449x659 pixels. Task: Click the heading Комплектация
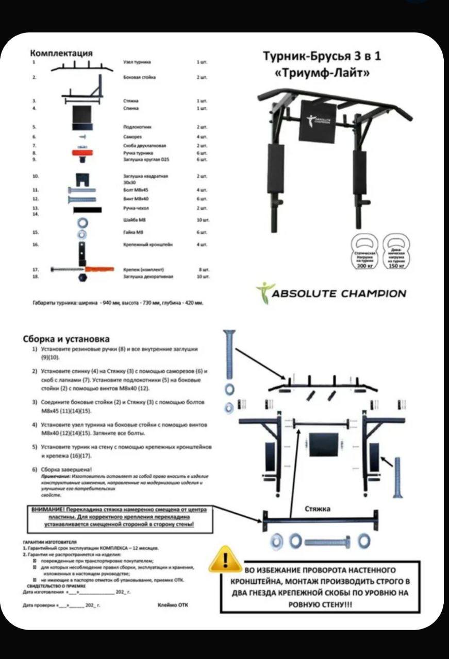(61, 53)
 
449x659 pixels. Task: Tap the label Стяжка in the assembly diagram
(317, 509)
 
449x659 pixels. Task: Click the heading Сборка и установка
(66, 339)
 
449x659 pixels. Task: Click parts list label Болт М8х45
(135, 190)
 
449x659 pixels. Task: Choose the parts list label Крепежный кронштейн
(148, 245)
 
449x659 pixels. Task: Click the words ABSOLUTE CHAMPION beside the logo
(339, 293)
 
